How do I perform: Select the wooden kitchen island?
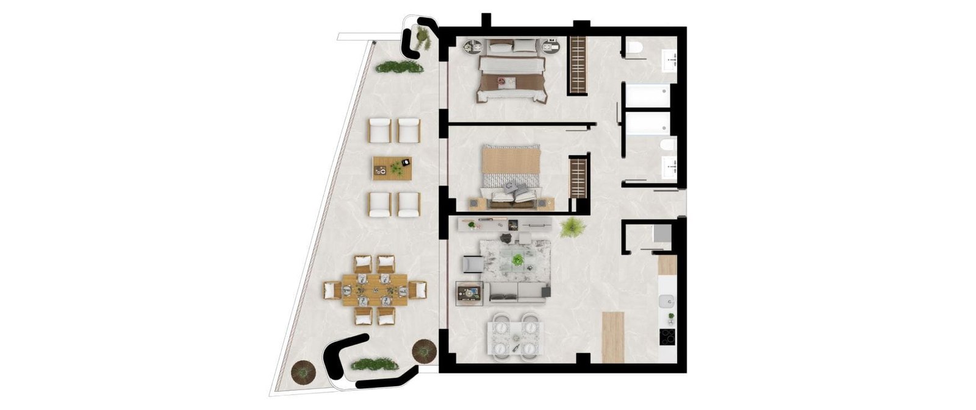[x=613, y=337]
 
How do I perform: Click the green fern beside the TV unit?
[x=572, y=228]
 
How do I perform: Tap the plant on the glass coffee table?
[x=518, y=260]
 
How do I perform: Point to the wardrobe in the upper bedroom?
[x=577, y=65]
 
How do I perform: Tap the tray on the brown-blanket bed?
[x=506, y=81]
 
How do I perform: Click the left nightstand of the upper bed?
[x=474, y=46]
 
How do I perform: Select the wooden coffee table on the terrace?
[x=392, y=168]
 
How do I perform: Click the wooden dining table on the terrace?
[x=375, y=290]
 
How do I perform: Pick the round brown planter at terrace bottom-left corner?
[x=303, y=372]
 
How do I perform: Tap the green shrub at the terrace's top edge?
[x=400, y=67]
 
